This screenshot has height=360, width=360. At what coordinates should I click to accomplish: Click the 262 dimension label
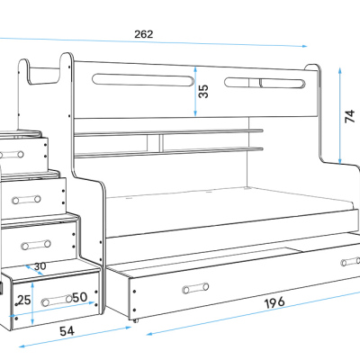[x=143, y=34]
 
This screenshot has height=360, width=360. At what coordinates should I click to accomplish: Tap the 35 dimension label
[x=203, y=91]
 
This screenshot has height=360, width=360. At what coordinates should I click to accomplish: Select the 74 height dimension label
[x=350, y=116]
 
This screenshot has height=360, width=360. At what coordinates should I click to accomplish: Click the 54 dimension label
[x=67, y=331]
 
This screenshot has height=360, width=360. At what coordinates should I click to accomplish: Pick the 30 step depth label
[x=40, y=266]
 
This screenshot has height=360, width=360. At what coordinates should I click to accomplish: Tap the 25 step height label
[x=23, y=300]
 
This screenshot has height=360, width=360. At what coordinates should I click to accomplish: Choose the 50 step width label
[x=80, y=297]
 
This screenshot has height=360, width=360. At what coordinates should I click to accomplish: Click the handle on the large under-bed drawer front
[x=195, y=288]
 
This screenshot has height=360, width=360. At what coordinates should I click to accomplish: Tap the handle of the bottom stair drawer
[x=57, y=301]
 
